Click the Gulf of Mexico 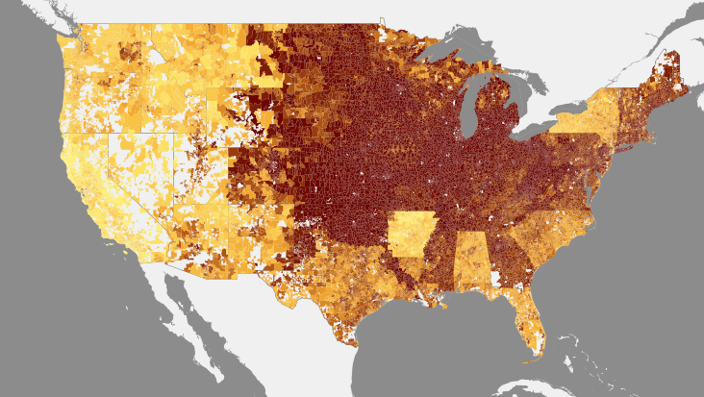433,346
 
